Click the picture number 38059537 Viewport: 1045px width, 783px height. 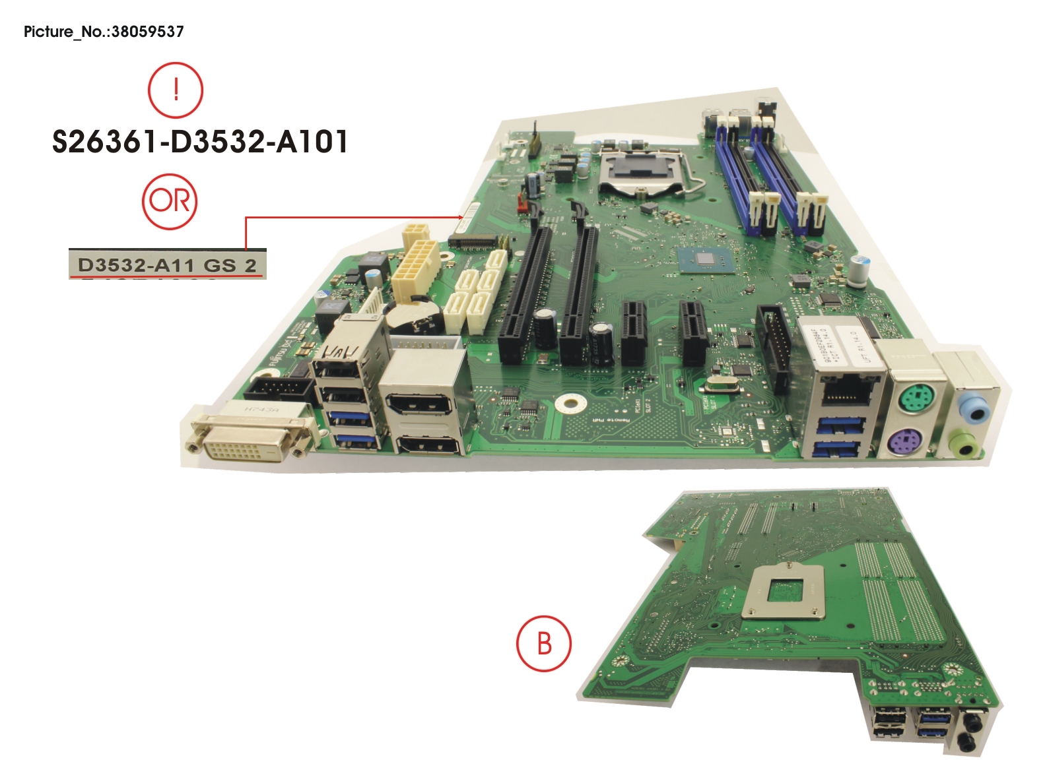[104, 32]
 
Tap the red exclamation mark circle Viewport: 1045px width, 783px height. [175, 90]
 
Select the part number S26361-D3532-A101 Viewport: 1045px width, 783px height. [199, 142]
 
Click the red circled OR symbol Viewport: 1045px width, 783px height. [170, 201]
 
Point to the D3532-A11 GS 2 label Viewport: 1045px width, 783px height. [167, 265]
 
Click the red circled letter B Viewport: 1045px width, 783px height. [543, 643]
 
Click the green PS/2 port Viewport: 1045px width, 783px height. [914, 398]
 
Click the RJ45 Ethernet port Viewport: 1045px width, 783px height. [847, 393]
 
